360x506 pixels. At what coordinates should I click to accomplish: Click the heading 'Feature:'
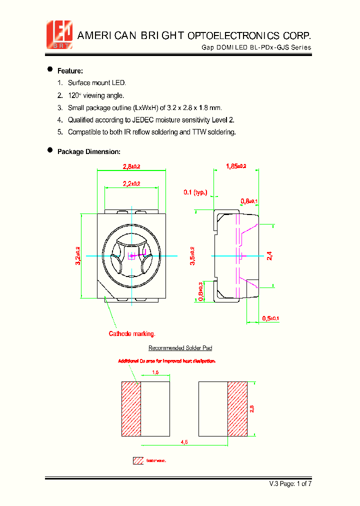pos(70,70)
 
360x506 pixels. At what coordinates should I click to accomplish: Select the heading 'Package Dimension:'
pos(88,151)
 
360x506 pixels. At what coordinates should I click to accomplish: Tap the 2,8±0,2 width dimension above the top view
pos(131,166)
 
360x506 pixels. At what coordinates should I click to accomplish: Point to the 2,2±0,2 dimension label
pos(131,183)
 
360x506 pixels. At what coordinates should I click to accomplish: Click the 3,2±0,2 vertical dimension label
pos(78,255)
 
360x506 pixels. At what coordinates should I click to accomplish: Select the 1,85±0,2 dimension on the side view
pos(236,166)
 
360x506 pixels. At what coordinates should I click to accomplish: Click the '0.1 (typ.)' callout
pos(195,192)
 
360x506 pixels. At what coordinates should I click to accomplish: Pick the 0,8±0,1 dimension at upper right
pos(249,201)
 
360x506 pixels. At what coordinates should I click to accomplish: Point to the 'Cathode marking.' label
pos(132,333)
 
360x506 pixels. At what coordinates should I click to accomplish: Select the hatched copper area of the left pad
pos(131,408)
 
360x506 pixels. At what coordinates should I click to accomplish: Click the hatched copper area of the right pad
pos(237,408)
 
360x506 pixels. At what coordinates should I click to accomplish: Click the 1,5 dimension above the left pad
pos(155,372)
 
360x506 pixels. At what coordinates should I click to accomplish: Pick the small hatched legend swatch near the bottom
pos(138,460)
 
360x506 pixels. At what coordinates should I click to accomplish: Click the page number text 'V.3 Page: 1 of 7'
pos(290,483)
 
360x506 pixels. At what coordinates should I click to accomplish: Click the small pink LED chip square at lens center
pos(132,256)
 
